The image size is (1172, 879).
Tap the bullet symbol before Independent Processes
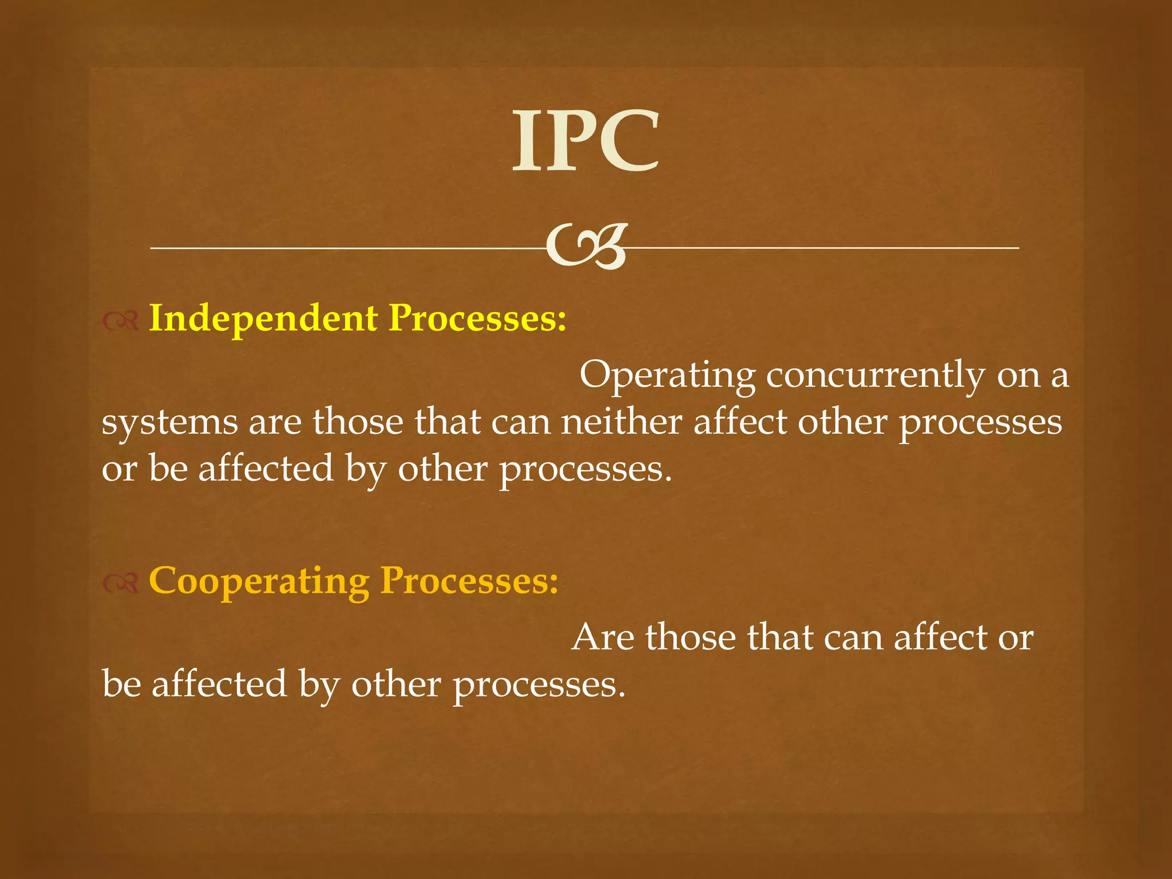121,322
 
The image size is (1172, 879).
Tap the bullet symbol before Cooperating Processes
121,583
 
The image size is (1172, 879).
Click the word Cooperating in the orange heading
259,581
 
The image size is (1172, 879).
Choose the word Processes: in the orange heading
469,581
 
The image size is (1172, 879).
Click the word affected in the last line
219,684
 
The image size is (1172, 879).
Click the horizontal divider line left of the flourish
343,248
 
